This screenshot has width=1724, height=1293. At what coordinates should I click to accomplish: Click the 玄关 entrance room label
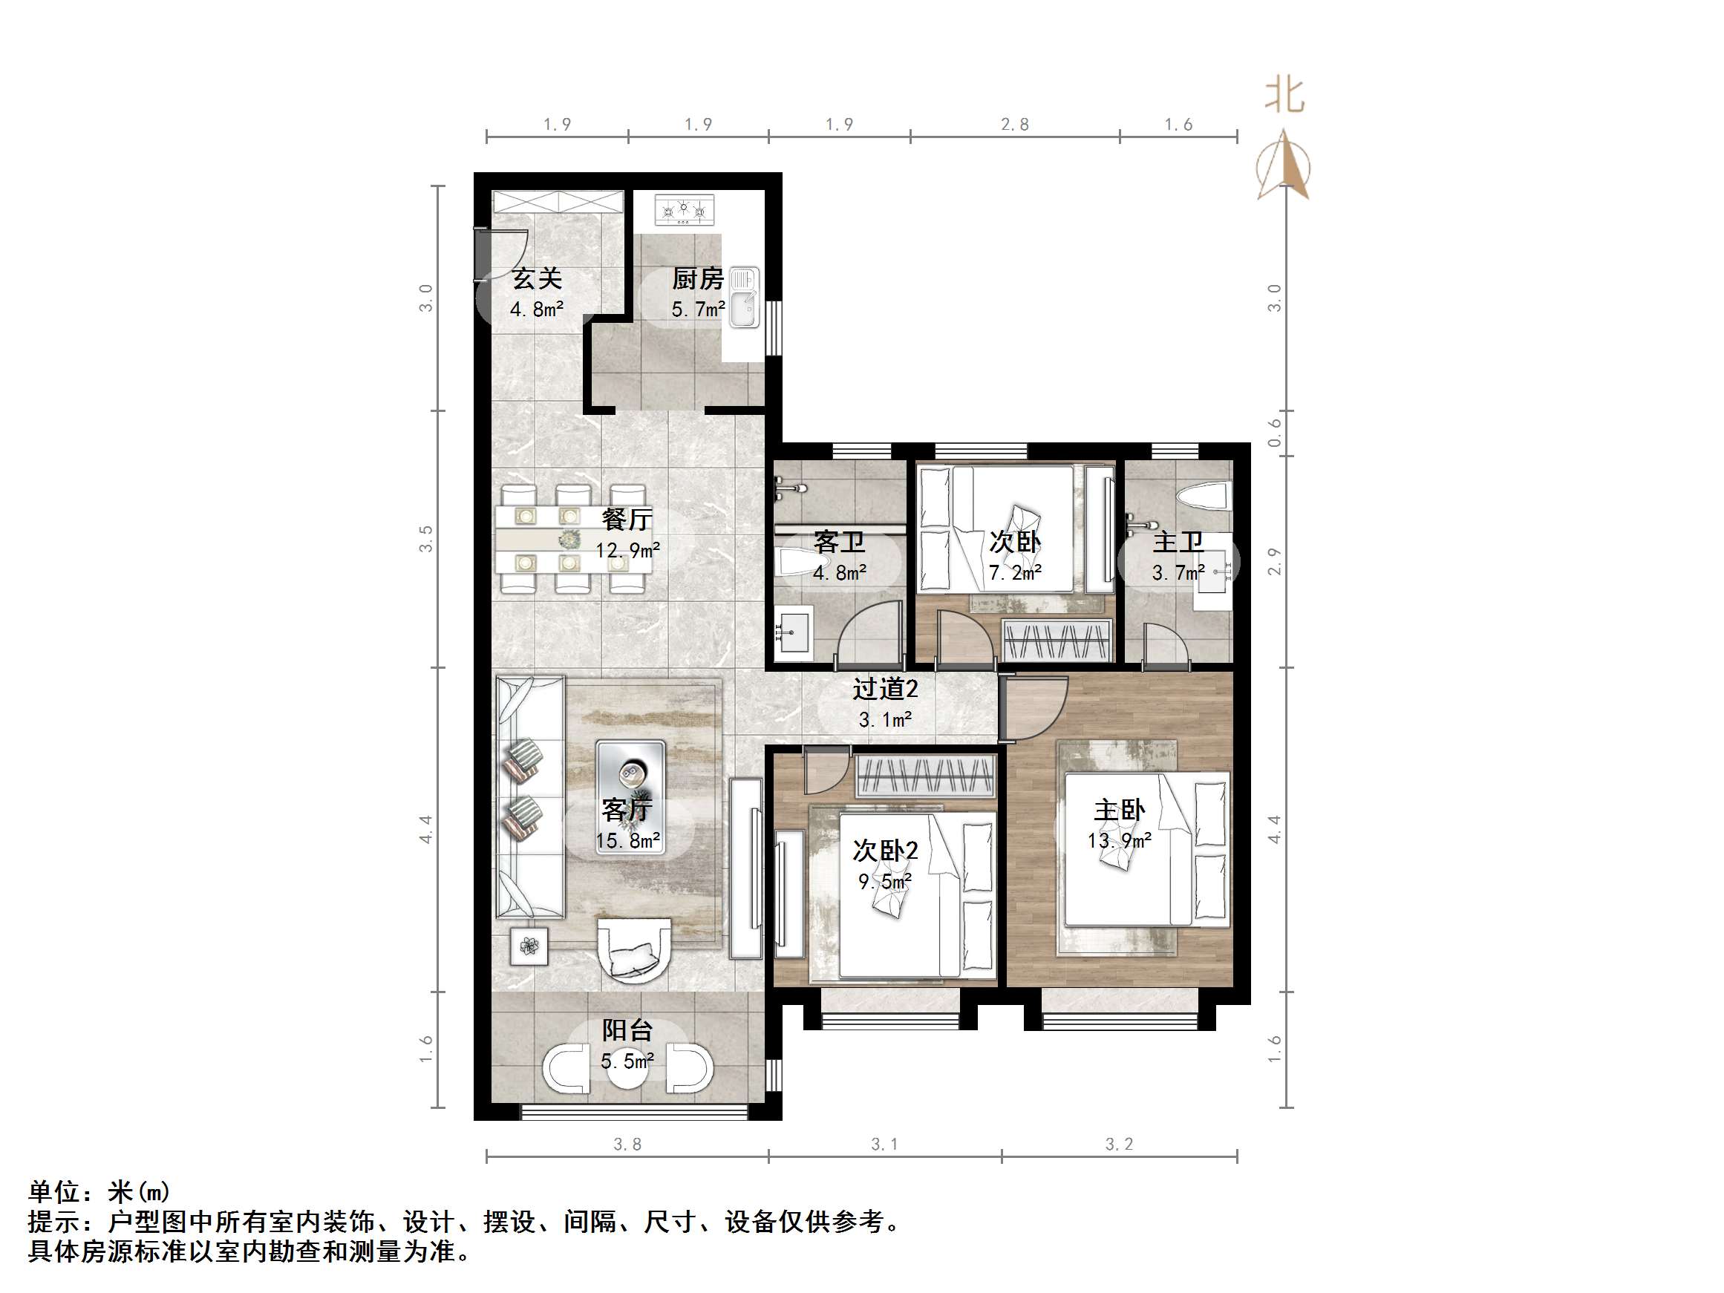tap(536, 278)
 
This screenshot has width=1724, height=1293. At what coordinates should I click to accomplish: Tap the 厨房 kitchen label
tap(698, 278)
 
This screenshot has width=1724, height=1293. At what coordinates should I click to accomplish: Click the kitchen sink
tap(744, 297)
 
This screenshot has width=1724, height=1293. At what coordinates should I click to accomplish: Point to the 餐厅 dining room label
tap(627, 519)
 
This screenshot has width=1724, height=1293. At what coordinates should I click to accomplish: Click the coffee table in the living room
tap(630, 796)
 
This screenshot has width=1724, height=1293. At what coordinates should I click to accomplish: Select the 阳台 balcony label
tap(627, 1030)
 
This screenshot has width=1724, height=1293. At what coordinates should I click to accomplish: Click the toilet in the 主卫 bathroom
tap(1204, 497)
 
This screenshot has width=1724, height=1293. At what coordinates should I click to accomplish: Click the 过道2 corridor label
tap(884, 689)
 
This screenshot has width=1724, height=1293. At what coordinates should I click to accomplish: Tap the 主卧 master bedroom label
tap(1119, 811)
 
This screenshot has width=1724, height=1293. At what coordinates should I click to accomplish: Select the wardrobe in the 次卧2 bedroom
tap(926, 776)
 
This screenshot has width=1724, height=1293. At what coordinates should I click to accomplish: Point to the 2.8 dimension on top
tap(1015, 125)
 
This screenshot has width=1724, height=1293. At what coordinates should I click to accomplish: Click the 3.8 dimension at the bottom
tap(627, 1144)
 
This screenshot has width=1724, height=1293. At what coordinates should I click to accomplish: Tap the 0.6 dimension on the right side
tap(1273, 433)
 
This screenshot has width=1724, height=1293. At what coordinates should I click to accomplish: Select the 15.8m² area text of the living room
tap(628, 841)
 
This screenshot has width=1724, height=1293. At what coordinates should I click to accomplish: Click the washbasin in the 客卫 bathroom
tap(794, 632)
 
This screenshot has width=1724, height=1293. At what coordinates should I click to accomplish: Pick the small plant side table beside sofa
tap(529, 946)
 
